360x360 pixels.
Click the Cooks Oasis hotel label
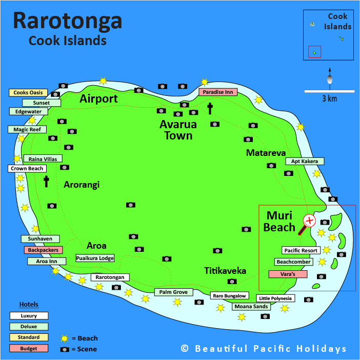pyautogui.click(x=28, y=93)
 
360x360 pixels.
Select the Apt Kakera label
pyautogui.click(x=305, y=161)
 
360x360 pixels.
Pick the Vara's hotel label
pyautogui.click(x=288, y=274)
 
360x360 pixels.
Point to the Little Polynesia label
pyautogui.click(x=275, y=298)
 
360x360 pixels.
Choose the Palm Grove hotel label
pyautogui.click(x=174, y=292)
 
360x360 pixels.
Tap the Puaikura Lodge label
pyautogui.click(x=95, y=258)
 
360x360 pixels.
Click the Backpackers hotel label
pyautogui.click(x=43, y=250)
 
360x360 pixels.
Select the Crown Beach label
pyautogui.click(x=28, y=168)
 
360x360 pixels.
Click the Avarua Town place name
pyautogui.click(x=176, y=130)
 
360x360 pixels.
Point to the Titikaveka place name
pyautogui.click(x=225, y=271)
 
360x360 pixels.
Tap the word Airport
pyautogui.click(x=98, y=99)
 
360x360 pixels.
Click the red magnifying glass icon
pyautogui.click(x=309, y=221)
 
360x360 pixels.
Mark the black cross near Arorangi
pyautogui.click(x=46, y=181)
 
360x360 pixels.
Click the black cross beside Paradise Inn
pyautogui.click(x=210, y=108)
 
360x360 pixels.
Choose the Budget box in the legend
pyautogui.click(x=29, y=348)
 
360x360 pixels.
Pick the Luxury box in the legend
pyautogui.click(x=29, y=315)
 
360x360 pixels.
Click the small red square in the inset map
pyautogui.click(x=315, y=52)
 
